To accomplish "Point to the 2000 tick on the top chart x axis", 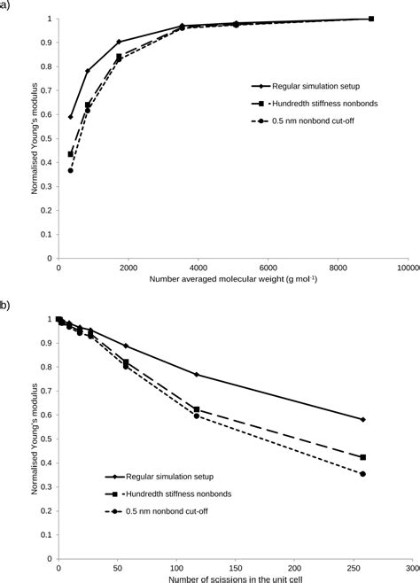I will (128, 267).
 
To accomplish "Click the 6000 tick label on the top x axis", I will (268, 267).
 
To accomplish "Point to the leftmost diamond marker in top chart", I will (70, 116).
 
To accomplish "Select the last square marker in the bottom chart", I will (363, 457).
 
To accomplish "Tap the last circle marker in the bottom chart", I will (363, 474).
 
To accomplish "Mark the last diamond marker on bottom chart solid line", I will (363, 419).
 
